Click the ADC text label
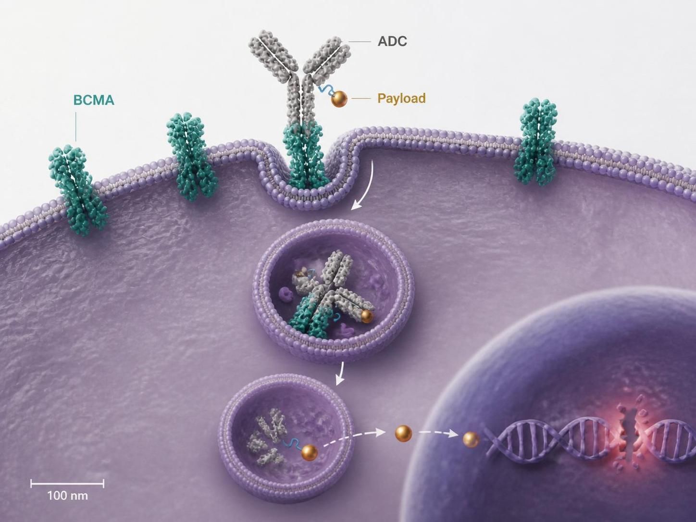(x=392, y=41)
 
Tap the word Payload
(x=401, y=99)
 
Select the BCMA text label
(x=94, y=100)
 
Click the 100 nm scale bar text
(x=67, y=496)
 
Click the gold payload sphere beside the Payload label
(x=339, y=99)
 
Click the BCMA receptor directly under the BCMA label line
(x=78, y=190)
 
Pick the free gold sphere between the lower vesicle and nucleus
(x=403, y=433)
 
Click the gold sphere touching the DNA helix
(x=471, y=440)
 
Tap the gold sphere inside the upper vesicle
(x=366, y=316)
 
